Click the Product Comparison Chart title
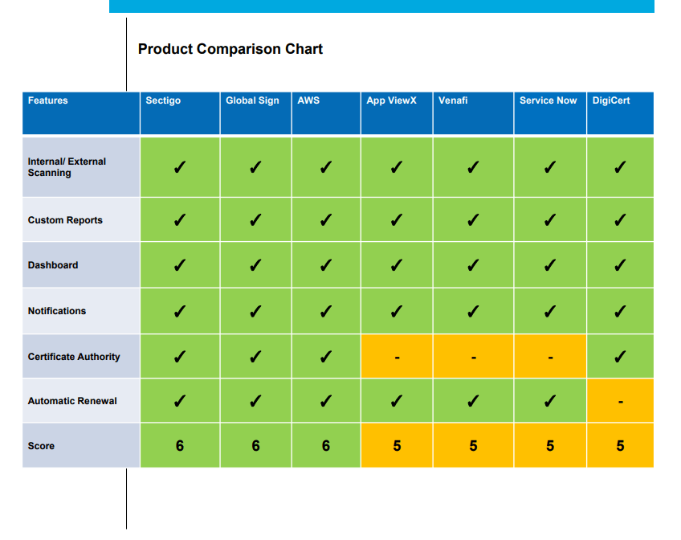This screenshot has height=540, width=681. click(x=230, y=49)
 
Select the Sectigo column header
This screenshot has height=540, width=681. click(x=163, y=100)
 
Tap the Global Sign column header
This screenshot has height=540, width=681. click(x=252, y=100)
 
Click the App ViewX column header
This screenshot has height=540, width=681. click(x=391, y=100)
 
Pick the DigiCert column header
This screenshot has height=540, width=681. click(x=611, y=100)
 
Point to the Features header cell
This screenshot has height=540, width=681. click(x=48, y=100)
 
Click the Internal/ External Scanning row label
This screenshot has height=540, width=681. click(x=67, y=167)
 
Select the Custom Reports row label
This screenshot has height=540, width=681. click(x=65, y=220)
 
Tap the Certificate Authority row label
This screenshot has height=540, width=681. click(x=74, y=357)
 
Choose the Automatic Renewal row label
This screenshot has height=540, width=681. click(x=72, y=401)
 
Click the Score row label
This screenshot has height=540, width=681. click(x=42, y=446)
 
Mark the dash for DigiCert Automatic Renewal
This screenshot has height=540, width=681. click(x=620, y=402)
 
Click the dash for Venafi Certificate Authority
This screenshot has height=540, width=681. click(x=473, y=358)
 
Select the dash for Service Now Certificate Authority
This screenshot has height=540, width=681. click(x=550, y=358)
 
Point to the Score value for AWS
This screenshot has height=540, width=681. click(x=325, y=446)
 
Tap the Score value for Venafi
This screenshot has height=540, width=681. click(x=473, y=446)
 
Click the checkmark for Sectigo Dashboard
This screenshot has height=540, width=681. click(x=179, y=265)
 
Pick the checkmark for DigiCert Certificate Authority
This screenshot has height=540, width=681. click(x=620, y=357)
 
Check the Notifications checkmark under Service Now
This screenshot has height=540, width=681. click(x=550, y=311)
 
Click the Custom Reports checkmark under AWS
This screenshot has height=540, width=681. click(x=325, y=220)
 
